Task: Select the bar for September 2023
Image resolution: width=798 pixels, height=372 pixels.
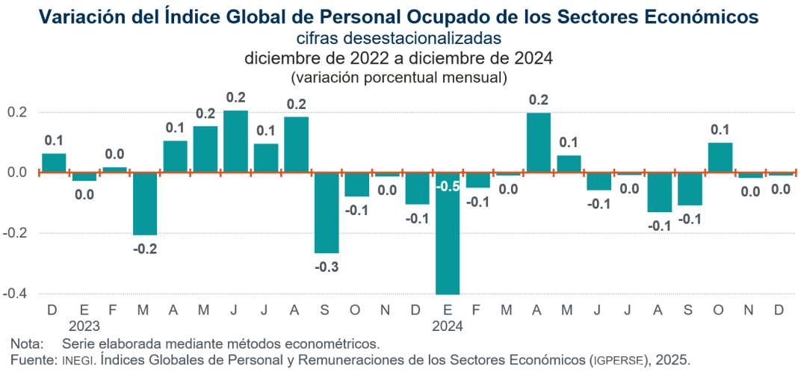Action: click(x=327, y=213)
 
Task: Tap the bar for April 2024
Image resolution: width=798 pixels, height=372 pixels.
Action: click(x=539, y=143)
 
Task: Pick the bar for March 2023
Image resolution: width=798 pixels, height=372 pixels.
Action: click(x=145, y=203)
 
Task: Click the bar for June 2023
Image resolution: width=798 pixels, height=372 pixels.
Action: click(x=236, y=142)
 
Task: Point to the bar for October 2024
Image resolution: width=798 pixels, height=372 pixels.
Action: click(x=720, y=158)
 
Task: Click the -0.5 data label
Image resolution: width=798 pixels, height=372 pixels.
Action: click(x=448, y=186)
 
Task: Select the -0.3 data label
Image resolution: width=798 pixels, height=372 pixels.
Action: click(x=327, y=267)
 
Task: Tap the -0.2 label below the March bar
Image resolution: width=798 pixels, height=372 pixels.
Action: click(x=145, y=249)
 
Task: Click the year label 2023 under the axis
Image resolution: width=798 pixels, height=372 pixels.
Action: click(x=84, y=326)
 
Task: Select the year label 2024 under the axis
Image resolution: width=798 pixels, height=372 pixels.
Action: click(x=448, y=326)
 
